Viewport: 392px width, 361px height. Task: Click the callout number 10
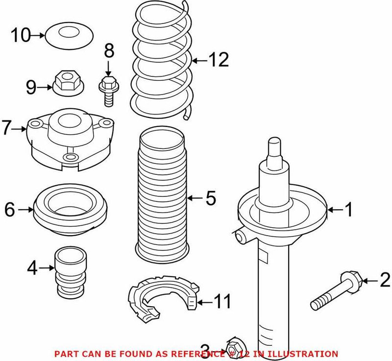point(21,35)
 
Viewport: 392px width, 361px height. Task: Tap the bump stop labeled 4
point(68,273)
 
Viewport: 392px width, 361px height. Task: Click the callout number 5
point(210,198)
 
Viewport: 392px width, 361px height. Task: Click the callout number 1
point(348,210)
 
